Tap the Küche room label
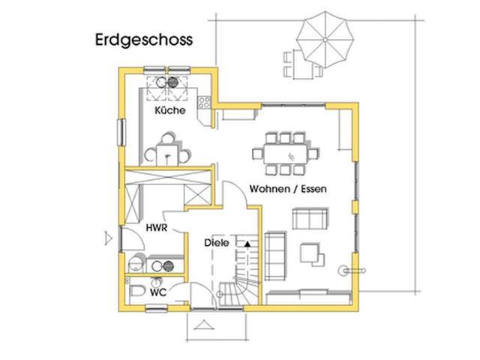coord(169,110)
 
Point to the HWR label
coord(156,226)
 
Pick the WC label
coord(157,291)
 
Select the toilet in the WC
coord(138,291)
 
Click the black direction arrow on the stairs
coord(244,242)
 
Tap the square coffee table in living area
coord(310,253)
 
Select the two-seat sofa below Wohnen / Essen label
coord(310,220)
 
